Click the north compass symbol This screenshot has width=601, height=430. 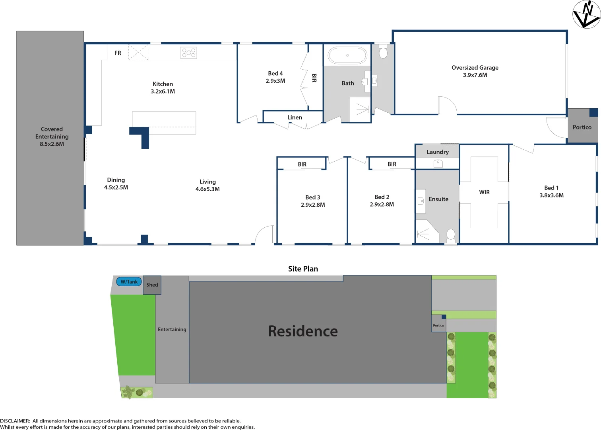(586, 14)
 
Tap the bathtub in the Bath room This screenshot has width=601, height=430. (347, 56)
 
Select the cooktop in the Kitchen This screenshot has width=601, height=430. (188, 53)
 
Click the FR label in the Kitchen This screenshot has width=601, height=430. (118, 53)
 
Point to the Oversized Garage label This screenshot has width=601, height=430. (475, 68)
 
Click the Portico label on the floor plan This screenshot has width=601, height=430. (582, 127)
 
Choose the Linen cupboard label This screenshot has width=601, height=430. (295, 117)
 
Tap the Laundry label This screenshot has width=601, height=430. (437, 152)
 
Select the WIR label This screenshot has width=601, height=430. (484, 192)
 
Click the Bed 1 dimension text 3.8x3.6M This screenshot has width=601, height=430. (551, 195)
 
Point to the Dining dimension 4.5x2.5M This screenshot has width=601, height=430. (116, 188)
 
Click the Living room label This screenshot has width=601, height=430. (207, 182)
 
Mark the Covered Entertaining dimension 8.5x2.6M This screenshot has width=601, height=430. (52, 144)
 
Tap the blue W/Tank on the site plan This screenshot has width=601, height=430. (129, 282)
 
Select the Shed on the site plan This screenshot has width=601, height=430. (152, 285)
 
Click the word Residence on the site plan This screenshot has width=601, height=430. (303, 331)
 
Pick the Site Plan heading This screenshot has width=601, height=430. (303, 269)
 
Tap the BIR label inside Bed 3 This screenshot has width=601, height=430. (302, 164)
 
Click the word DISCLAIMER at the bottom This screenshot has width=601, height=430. (15, 421)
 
